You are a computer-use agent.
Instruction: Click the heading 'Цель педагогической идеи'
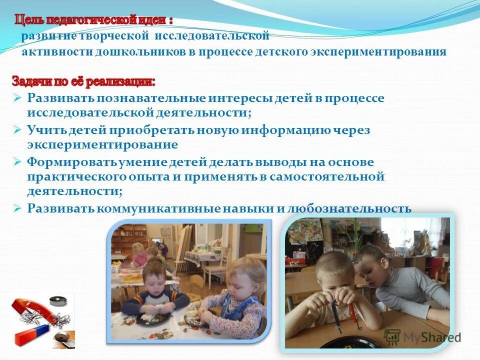93,21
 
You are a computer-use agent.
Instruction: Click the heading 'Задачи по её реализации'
83,80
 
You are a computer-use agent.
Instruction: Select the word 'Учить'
45,130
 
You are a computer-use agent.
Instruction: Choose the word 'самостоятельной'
327,177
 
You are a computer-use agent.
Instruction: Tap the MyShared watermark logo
422,337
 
